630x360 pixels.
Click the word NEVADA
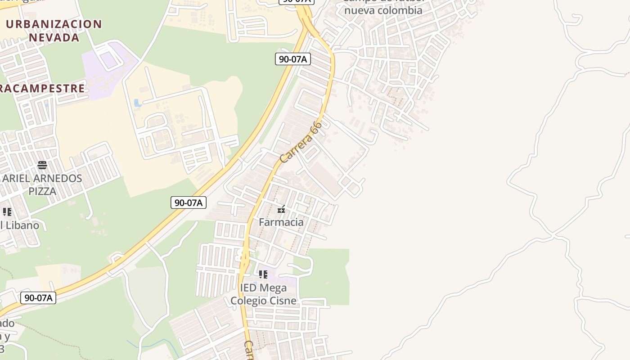54,37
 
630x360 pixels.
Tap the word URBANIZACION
54,24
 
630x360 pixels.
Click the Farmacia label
281,222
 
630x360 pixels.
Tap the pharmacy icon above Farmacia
281,209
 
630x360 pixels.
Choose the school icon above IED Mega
263,274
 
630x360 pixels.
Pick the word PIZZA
42,191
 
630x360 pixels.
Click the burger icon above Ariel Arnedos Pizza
42,165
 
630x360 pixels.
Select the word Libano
22,225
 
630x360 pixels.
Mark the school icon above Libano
7,212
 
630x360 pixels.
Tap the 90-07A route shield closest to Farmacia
189,202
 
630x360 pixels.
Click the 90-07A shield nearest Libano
38,297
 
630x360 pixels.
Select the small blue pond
138,103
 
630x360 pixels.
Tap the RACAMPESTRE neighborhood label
42,88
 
